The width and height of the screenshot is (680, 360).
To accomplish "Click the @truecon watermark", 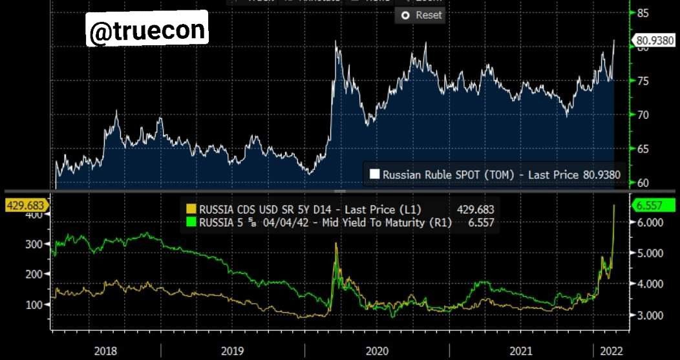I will [x=147, y=30].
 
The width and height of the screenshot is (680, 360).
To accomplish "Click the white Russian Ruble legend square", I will [x=374, y=174].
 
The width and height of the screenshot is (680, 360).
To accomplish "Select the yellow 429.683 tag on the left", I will [x=24, y=206].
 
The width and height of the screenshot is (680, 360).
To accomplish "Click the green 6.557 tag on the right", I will [x=653, y=206].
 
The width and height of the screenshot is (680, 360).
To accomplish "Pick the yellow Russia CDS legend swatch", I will [x=191, y=209].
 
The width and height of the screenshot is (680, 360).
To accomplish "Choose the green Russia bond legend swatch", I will [x=191, y=222].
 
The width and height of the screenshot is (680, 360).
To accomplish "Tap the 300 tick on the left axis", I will [x=33, y=244].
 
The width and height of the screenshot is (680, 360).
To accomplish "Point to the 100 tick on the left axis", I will [x=33, y=304].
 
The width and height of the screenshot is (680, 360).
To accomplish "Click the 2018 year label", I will [x=105, y=351].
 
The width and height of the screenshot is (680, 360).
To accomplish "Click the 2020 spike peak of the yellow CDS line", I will [x=336, y=243].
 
